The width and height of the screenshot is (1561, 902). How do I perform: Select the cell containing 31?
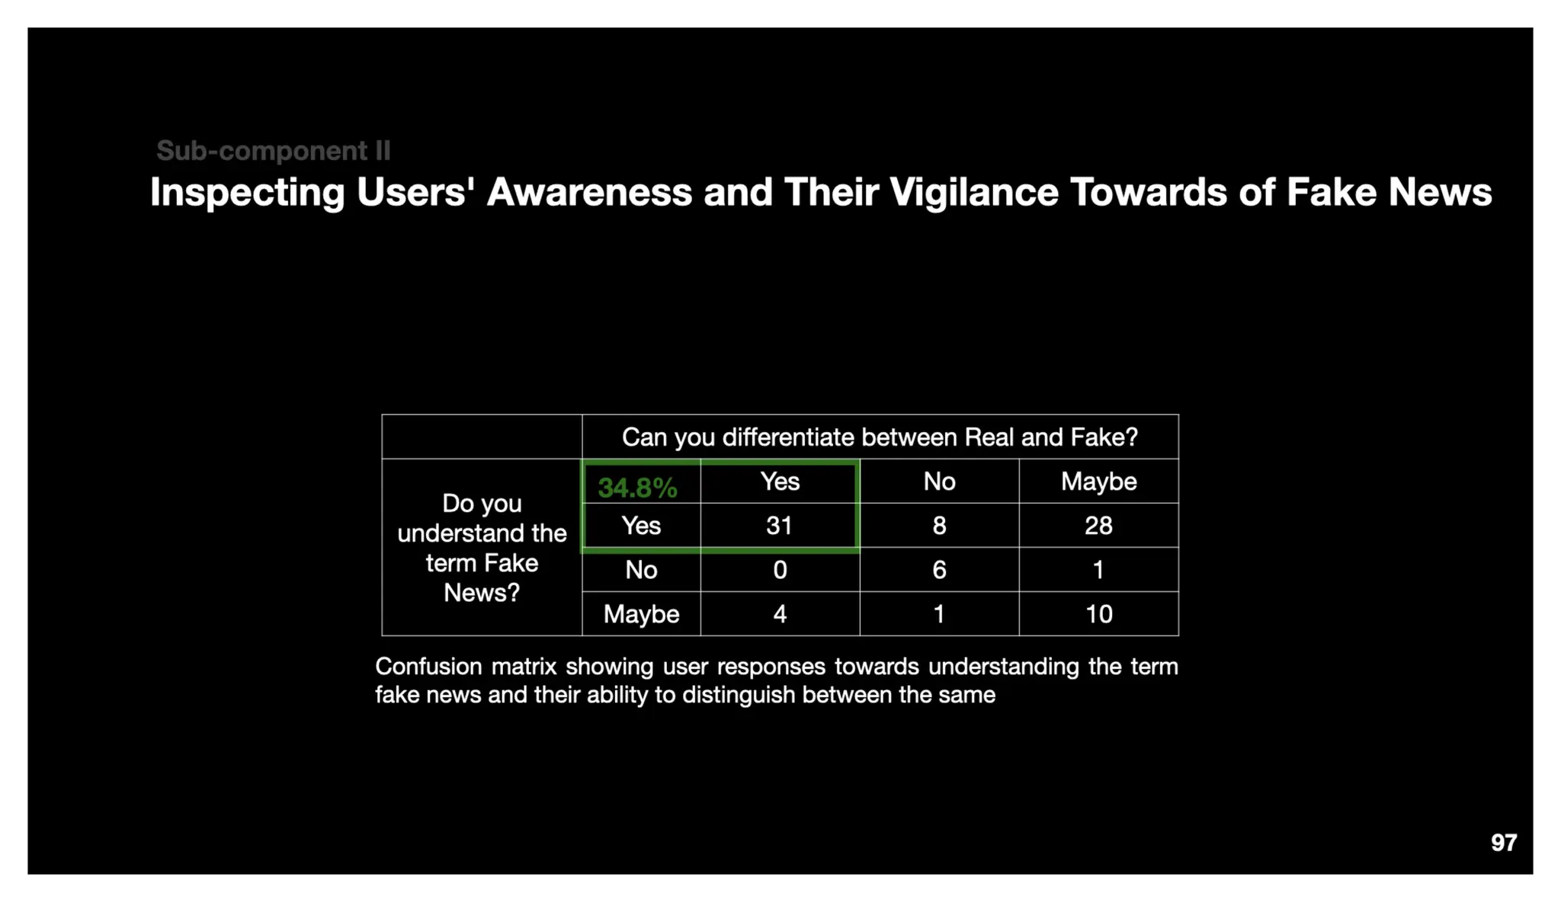coord(779,526)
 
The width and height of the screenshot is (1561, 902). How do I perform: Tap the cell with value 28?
coord(1098,526)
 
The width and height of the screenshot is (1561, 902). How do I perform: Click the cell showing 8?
coord(939,526)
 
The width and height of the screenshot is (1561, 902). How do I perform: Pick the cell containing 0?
coord(779,570)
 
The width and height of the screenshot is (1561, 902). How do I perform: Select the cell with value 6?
coord(939,570)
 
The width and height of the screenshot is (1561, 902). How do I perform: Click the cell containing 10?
coord(1098,614)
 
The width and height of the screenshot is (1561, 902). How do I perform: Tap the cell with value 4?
coord(779,614)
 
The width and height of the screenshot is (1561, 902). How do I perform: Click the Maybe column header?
coord(1098,481)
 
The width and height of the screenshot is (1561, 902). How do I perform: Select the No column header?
coord(939,481)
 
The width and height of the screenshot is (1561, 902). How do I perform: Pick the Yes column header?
coord(779,481)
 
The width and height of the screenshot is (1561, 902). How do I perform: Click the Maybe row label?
coord(641,614)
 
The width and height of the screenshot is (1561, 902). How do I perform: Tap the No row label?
coord(641,570)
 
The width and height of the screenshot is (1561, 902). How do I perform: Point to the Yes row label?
coord(641,526)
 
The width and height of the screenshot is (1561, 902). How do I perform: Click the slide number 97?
coord(1503,843)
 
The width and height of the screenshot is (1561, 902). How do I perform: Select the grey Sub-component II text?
coord(273,151)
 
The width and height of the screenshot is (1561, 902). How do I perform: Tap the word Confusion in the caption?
coord(428,667)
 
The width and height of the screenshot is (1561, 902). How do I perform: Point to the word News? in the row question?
coord(482,593)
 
